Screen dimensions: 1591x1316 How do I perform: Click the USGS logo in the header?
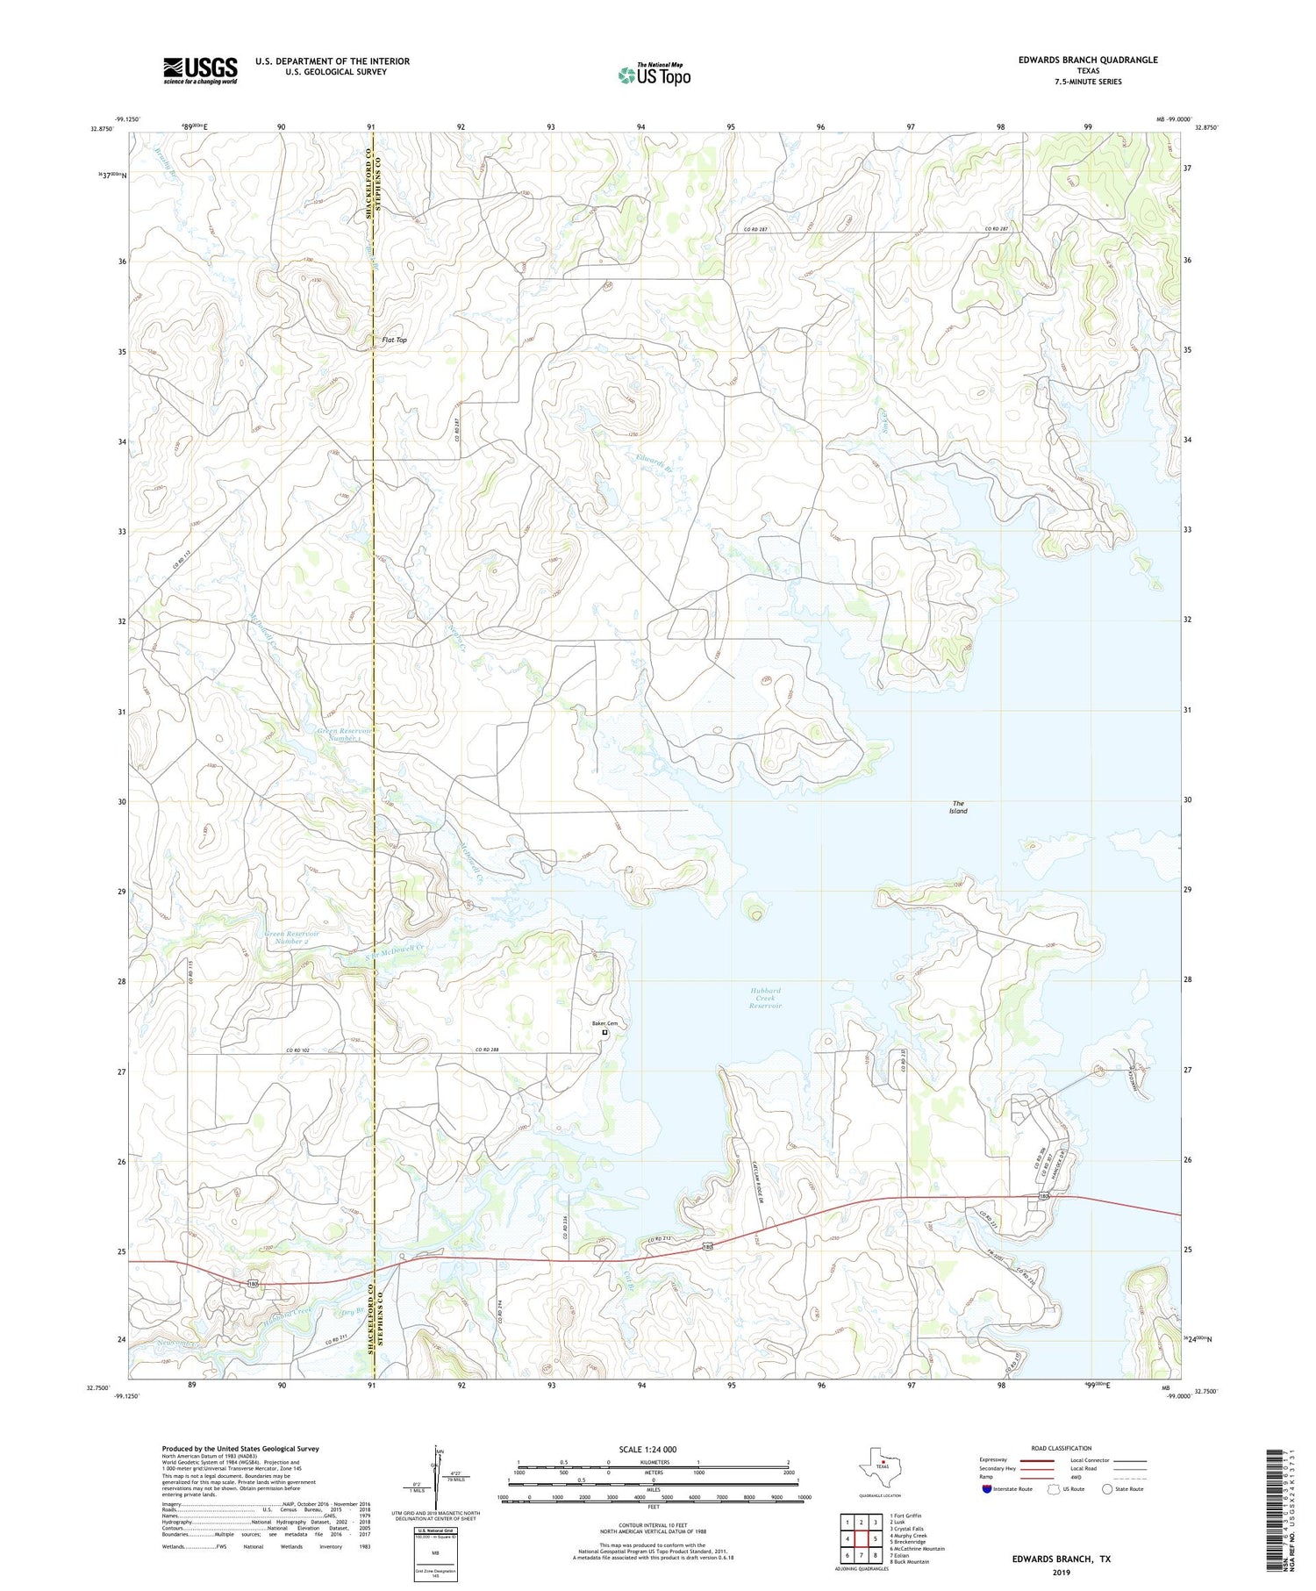(x=200, y=70)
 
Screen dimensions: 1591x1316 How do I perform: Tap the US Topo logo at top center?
(x=654, y=75)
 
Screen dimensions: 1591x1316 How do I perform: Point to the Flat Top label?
(x=394, y=340)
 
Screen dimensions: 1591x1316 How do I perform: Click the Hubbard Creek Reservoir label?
(x=764, y=998)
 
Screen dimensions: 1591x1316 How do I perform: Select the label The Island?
(x=958, y=806)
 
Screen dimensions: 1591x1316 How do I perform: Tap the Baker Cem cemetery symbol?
(x=605, y=1033)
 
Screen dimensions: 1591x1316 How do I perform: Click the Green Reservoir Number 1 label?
(x=343, y=734)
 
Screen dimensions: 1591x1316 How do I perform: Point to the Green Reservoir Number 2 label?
(x=292, y=937)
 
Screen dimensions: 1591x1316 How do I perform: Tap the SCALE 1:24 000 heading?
(x=647, y=1449)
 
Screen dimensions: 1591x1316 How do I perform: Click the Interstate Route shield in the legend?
(x=988, y=1489)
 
